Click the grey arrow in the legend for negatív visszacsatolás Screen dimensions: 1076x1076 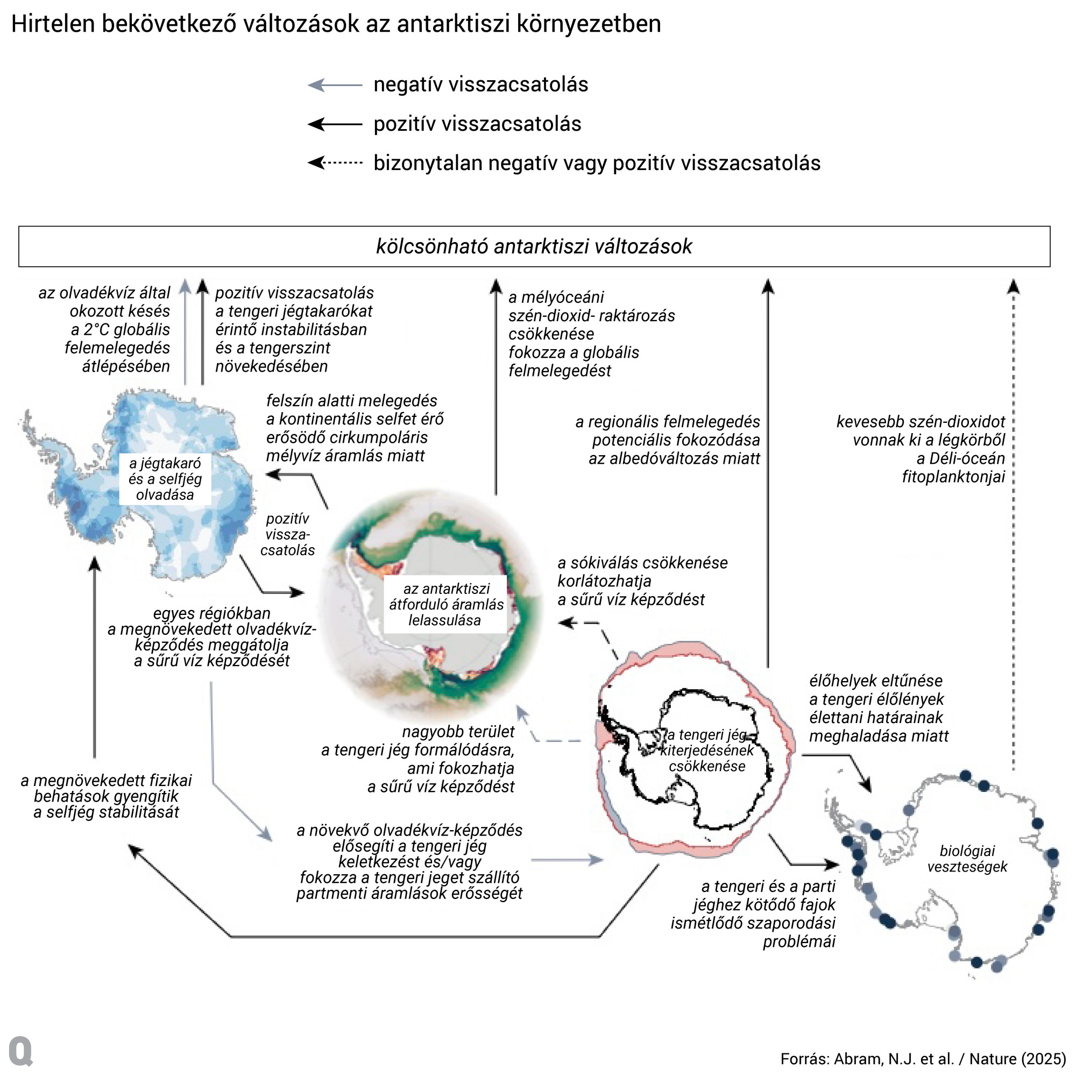coord(335,85)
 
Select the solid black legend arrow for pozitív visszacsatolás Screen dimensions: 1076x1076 coord(335,124)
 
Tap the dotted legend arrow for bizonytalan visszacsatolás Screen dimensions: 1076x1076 coord(335,163)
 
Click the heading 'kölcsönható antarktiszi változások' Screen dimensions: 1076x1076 coord(534,246)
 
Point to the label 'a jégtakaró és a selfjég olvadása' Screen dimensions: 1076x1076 coord(165,479)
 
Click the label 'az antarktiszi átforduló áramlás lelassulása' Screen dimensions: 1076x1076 coord(445,604)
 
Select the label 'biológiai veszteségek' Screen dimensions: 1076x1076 coord(967,858)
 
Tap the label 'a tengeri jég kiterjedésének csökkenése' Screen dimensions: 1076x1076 coord(706,750)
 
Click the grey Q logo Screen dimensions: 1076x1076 coord(21,1051)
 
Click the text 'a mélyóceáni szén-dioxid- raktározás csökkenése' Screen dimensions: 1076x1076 coord(590,316)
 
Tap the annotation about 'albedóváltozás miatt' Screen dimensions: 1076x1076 coord(668,440)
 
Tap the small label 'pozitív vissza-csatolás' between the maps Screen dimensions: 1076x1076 coord(287,534)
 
